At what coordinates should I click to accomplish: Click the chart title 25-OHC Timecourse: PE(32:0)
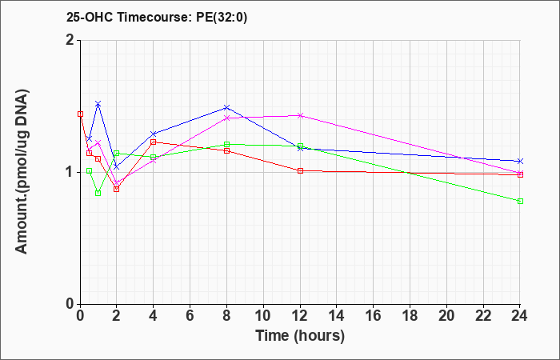157,17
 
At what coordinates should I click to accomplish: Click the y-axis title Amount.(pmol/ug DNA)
22,171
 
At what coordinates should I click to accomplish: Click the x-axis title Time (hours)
300,336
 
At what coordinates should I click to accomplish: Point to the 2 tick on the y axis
70,40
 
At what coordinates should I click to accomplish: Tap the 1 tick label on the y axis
70,173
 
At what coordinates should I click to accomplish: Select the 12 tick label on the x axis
300,316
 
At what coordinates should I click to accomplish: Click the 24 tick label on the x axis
519,316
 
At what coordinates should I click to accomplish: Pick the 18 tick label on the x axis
410,316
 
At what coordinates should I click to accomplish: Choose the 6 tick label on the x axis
190,316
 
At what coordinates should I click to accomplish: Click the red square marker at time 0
80,114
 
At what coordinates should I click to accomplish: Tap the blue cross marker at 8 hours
226,107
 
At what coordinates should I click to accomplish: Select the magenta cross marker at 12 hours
300,115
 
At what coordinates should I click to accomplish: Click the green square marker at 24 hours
520,201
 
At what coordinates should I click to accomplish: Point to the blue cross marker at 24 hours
520,161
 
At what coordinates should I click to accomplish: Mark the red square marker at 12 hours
300,170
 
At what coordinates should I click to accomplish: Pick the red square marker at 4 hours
154,142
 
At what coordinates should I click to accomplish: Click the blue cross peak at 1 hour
98,103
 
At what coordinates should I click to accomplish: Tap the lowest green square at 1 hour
98,194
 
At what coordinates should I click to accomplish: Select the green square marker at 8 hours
226,144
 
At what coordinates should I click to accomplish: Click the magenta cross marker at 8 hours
226,118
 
